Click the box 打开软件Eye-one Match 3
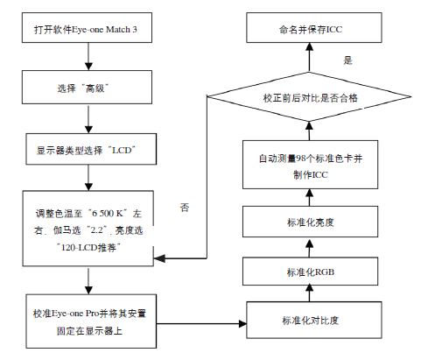click(87, 28)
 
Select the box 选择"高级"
click(87, 87)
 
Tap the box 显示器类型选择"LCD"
click(91, 149)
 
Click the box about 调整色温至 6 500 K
click(88, 229)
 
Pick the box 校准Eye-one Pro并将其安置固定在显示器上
click(91, 321)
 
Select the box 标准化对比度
click(314, 320)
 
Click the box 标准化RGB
click(310, 272)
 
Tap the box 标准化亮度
click(310, 222)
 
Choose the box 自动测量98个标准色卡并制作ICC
click(310, 165)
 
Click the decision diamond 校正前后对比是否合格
click(309, 96)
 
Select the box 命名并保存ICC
click(314, 28)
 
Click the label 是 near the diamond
click(347, 60)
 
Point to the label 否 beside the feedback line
click(185, 208)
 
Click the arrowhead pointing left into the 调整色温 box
click(159, 258)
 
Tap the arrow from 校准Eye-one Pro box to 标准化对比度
click(201, 323)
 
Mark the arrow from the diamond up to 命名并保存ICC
click(309, 58)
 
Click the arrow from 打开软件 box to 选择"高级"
click(88, 57)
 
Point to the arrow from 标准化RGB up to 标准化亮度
click(310, 247)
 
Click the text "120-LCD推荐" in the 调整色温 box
click(88, 248)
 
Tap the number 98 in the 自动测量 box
click(301, 159)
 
